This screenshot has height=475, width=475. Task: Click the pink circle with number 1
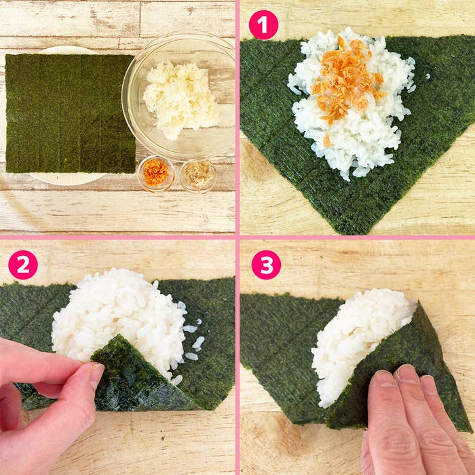click(263, 24)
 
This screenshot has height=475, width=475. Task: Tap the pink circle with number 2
click(23, 265)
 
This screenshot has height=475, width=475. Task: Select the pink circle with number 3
click(266, 265)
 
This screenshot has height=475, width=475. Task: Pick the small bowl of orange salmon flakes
click(156, 173)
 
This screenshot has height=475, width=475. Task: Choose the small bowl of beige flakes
click(198, 174)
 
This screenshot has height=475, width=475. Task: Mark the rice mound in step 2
click(115, 312)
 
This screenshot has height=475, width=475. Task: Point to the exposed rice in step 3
click(353, 339)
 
